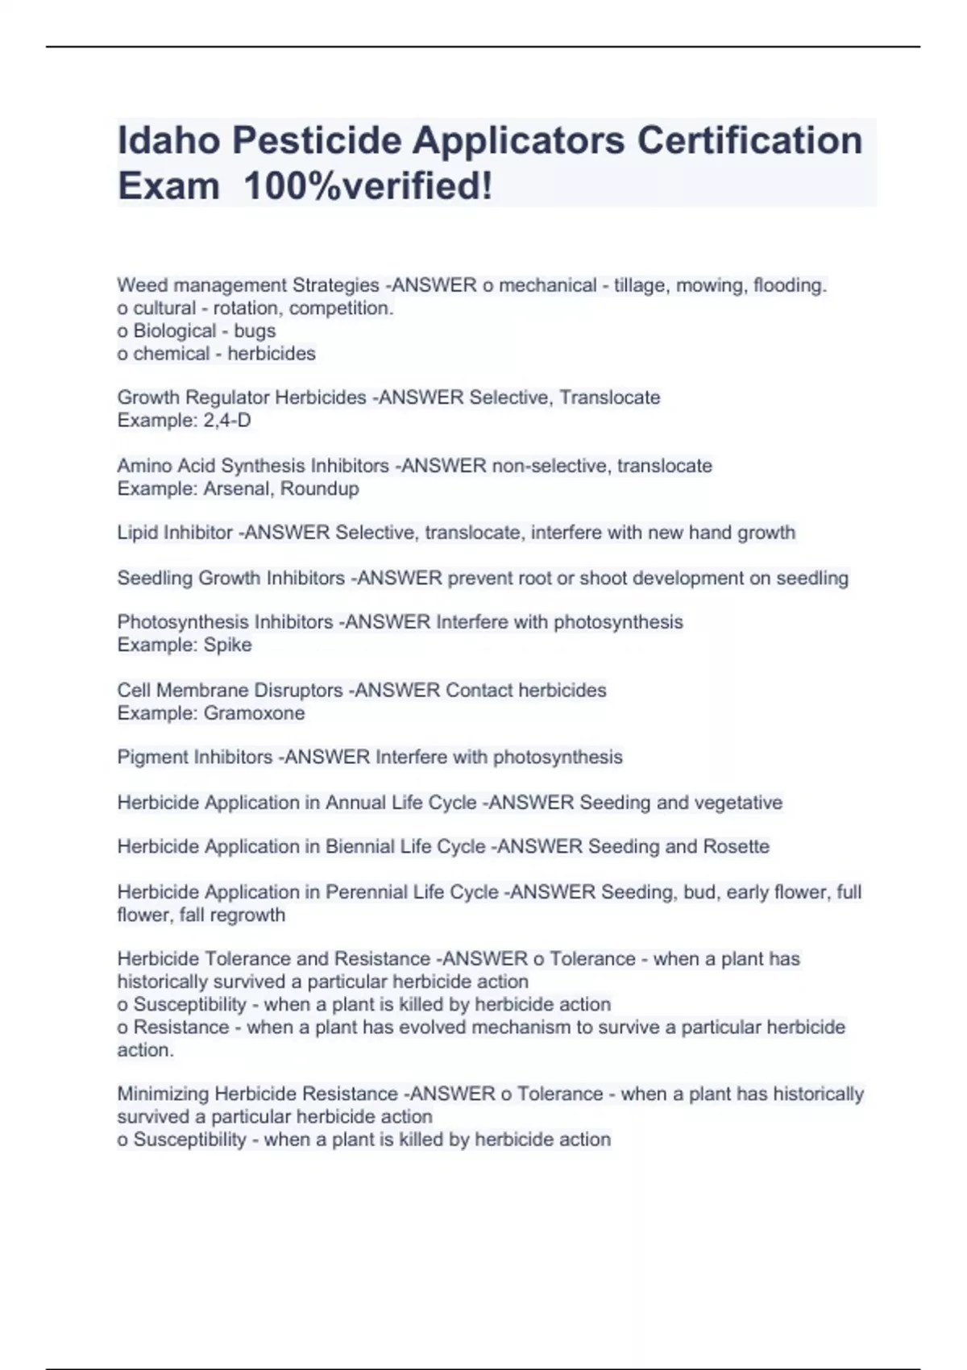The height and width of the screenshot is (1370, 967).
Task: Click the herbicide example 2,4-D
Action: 227,420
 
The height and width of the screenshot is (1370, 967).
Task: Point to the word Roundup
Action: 320,488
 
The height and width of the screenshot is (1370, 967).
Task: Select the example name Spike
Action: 228,645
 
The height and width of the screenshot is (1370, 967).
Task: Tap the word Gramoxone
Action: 255,713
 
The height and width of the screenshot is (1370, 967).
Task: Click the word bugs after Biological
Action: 255,330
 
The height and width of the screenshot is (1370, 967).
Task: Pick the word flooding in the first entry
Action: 790,285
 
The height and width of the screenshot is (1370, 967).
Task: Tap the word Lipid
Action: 138,533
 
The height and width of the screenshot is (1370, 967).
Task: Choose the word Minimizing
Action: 163,1094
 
